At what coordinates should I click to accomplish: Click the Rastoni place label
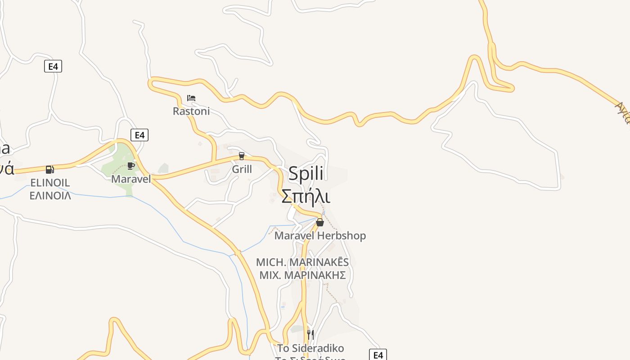(x=191, y=111)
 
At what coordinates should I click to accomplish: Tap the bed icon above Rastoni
(x=191, y=98)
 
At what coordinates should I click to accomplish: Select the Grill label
(x=242, y=169)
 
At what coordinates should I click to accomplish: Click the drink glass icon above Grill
(x=242, y=156)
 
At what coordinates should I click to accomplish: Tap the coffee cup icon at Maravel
(x=131, y=166)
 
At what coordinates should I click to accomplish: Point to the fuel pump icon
(x=49, y=169)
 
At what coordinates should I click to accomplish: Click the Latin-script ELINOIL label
(x=50, y=183)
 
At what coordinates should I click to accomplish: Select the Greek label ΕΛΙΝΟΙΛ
(x=50, y=196)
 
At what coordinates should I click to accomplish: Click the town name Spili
(x=306, y=174)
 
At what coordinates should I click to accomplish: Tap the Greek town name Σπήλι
(x=306, y=196)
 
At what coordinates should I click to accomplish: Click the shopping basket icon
(x=320, y=222)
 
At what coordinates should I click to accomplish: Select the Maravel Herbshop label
(x=320, y=235)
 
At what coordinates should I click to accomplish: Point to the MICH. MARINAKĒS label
(x=302, y=262)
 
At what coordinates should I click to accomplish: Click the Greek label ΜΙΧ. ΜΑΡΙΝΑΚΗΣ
(x=302, y=275)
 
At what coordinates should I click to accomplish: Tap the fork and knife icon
(x=310, y=334)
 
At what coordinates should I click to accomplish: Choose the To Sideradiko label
(x=310, y=348)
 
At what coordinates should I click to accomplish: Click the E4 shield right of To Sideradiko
(x=378, y=355)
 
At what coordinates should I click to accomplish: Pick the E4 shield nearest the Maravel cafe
(x=139, y=135)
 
